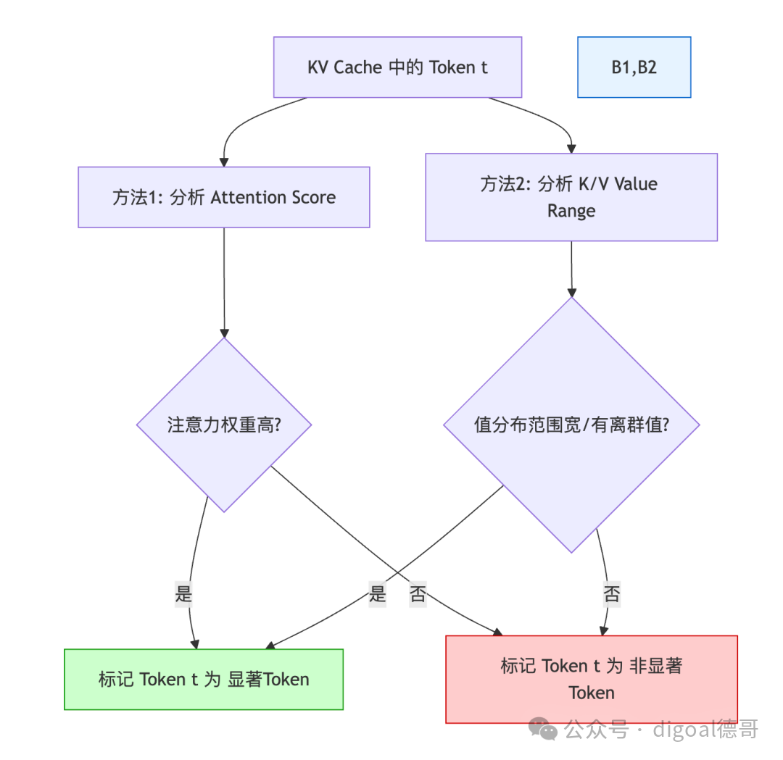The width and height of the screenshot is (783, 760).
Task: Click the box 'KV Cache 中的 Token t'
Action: [x=397, y=67]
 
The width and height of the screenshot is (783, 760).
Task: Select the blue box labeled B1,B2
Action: [x=634, y=67]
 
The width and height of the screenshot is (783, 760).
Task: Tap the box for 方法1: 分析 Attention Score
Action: [x=224, y=197]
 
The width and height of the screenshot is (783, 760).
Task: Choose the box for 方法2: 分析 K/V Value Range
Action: [x=571, y=197]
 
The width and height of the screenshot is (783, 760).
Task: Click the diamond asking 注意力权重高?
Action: [x=224, y=425]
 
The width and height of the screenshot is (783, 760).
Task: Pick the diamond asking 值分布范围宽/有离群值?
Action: [x=571, y=425]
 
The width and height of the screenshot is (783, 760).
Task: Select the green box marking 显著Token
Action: [x=204, y=679]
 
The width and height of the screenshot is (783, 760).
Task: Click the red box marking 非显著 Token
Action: [x=592, y=679]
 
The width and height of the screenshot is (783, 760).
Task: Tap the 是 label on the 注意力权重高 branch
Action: [x=184, y=595]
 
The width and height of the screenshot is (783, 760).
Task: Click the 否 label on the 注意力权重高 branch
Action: [x=418, y=595]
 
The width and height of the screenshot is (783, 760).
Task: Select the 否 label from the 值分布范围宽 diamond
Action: [x=611, y=595]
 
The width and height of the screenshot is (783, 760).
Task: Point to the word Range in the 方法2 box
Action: [x=571, y=211]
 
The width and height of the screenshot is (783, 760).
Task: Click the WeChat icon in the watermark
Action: [x=543, y=728]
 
